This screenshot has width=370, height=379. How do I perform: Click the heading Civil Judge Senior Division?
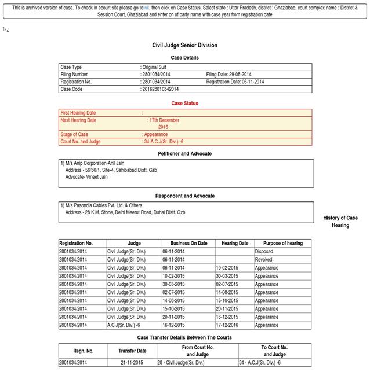pyautogui.click(x=184, y=45)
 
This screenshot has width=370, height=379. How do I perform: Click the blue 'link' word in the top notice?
pyautogui.click(x=146, y=8)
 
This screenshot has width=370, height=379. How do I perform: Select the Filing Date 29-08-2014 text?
pyautogui.click(x=229, y=75)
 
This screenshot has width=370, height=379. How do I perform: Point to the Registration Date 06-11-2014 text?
pyautogui.click(x=235, y=82)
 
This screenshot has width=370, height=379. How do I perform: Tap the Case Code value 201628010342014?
pyautogui.click(x=160, y=90)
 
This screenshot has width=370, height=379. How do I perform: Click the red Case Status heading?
pyautogui.click(x=184, y=104)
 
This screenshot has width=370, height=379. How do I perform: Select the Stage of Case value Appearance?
pyautogui.click(x=156, y=134)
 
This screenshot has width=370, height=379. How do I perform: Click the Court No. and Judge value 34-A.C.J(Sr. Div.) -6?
pyautogui.click(x=164, y=142)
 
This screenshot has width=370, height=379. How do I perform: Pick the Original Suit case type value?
pyautogui.click(x=154, y=67)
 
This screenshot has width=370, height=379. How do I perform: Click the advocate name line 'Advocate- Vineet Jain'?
pyautogui.click(x=86, y=177)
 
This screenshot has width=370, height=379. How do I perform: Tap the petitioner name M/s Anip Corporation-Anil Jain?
pyautogui.click(x=92, y=163)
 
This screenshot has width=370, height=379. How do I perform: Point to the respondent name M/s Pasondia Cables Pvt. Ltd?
pyautogui.click(x=101, y=205)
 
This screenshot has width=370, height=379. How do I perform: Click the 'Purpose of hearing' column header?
pyautogui.click(x=282, y=244)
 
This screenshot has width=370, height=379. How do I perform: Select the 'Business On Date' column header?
pyautogui.click(x=188, y=244)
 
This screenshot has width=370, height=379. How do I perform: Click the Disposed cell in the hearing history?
pyautogui.click(x=264, y=252)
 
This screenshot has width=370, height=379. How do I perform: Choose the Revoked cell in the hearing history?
pyautogui.click(x=264, y=260)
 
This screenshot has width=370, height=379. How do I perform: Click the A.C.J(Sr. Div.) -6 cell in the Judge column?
pyautogui.click(x=124, y=325)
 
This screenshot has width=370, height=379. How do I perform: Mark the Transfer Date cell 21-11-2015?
pyautogui.click(x=132, y=363)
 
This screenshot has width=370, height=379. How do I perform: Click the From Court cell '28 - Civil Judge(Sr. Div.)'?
pyautogui.click(x=180, y=363)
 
